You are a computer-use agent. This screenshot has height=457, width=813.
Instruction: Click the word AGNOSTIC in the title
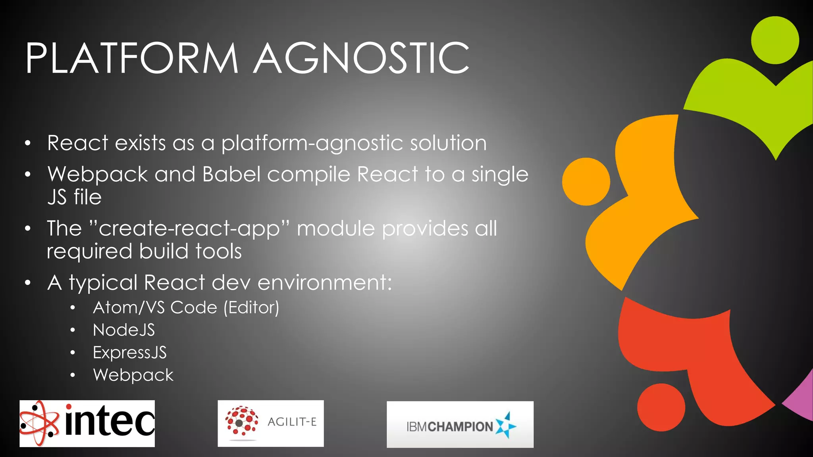pos(361,59)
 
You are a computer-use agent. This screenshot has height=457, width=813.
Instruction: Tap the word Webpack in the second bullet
pos(97,175)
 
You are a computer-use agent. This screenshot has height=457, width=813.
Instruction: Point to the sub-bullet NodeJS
pos(123,330)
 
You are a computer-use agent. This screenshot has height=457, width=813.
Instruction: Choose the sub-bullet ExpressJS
pos(129,353)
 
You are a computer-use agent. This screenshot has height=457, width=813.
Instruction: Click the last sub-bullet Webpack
pos(133,375)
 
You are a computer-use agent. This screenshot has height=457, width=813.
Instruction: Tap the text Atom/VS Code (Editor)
pos(186,307)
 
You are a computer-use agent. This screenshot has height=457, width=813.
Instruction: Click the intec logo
pos(87,423)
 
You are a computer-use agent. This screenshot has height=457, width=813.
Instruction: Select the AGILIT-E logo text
pos(292,422)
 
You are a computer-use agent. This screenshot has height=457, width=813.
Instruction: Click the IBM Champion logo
pos(460,425)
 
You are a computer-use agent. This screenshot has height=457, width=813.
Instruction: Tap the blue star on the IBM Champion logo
pos(506,426)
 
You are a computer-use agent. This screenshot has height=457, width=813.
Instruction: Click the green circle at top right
pos(775,40)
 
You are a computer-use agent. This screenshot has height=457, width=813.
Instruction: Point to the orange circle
pos(586,182)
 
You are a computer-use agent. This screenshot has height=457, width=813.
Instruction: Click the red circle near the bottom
pos(661,407)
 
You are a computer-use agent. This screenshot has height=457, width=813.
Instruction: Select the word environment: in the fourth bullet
pos(325,283)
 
